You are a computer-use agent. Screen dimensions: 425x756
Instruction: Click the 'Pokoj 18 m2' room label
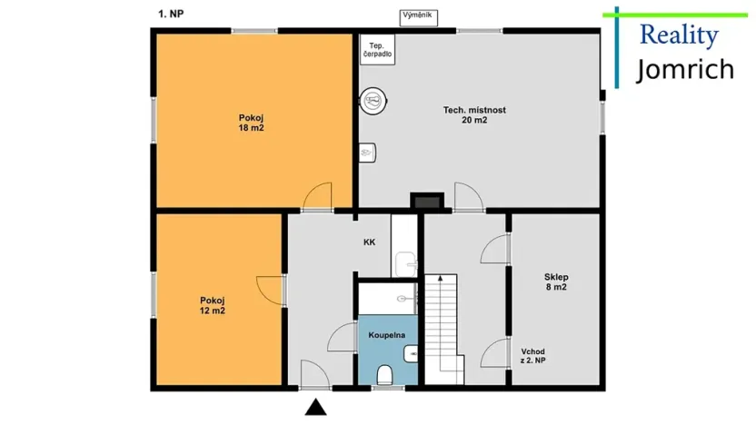tap(252, 123)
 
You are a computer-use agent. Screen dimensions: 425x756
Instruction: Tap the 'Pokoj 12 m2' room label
tap(212, 305)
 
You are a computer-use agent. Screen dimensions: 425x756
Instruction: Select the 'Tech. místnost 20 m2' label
tap(474, 114)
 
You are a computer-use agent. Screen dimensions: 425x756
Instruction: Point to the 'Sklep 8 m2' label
tap(556, 282)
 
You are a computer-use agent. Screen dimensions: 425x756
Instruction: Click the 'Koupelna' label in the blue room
tap(386, 335)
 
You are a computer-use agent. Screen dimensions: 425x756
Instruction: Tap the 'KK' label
tap(369, 242)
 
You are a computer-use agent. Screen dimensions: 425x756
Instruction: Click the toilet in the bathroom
tap(384, 373)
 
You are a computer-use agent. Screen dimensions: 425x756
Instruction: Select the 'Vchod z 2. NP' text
tap(533, 356)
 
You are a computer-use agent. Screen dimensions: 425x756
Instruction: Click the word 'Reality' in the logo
tap(679, 36)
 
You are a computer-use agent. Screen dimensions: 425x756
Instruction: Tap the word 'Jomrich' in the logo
tap(684, 69)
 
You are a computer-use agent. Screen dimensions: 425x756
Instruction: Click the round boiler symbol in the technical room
tap(373, 101)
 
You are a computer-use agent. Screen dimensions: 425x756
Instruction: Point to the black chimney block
tap(425, 202)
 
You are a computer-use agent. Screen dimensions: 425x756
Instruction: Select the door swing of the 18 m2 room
tap(319, 195)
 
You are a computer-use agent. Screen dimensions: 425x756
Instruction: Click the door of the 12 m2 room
tap(270, 290)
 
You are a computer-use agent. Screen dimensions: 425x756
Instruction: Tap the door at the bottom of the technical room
tap(467, 195)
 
